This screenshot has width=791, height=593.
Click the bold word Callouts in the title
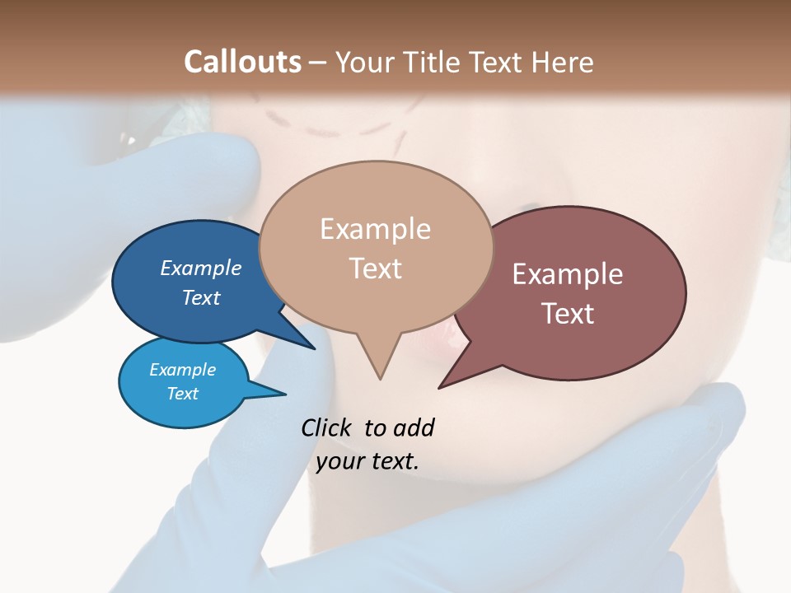click(242, 62)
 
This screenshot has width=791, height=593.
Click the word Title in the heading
click(434, 62)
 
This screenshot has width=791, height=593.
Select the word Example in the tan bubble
click(375, 229)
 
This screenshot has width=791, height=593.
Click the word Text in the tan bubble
click(375, 268)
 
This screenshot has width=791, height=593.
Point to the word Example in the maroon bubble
click(568, 274)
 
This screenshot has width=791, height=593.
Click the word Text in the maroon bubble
click(568, 314)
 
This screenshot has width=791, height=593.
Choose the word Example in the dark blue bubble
click(201, 268)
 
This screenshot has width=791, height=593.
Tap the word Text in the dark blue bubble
click(201, 297)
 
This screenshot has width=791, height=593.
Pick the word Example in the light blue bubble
click(183, 370)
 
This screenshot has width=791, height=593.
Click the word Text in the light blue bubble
click(183, 394)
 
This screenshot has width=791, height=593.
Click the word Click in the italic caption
click(328, 428)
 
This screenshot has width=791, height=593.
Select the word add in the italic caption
click(413, 428)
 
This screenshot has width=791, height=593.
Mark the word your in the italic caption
click(339, 461)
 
